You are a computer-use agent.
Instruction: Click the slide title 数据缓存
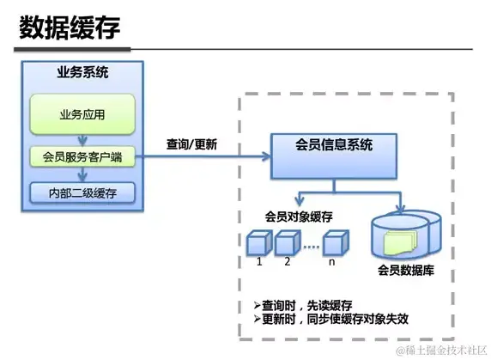click(70, 27)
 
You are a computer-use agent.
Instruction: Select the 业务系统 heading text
click(82, 73)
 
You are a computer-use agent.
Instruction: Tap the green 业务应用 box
click(82, 113)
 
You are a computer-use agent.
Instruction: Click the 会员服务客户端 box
click(82, 156)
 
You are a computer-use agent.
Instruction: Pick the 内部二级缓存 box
click(82, 192)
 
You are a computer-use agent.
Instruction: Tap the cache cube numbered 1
click(258, 243)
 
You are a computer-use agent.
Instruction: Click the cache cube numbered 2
click(288, 243)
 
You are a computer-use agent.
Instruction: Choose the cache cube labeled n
click(338, 243)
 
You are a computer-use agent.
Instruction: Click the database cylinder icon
click(403, 235)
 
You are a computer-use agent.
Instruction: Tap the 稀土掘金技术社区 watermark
click(439, 350)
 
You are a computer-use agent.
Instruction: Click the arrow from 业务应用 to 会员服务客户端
click(82, 139)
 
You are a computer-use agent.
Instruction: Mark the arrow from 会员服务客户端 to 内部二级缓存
click(82, 174)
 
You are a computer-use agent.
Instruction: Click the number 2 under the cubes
click(288, 261)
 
